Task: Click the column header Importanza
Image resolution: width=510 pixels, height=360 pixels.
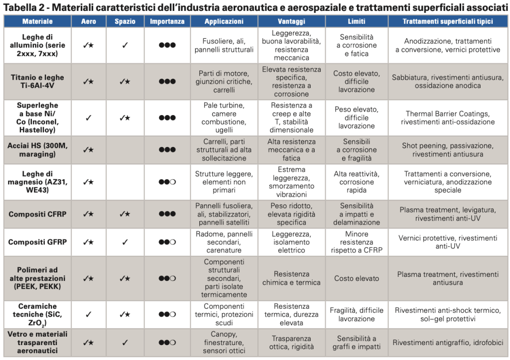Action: [x=167, y=21]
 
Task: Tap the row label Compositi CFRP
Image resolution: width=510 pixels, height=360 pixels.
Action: [x=37, y=214]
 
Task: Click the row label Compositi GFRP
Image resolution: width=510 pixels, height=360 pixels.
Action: [x=37, y=242]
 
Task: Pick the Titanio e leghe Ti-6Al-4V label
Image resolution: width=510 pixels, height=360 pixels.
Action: [x=37, y=81]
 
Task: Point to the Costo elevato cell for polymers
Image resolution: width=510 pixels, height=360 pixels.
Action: [x=357, y=278]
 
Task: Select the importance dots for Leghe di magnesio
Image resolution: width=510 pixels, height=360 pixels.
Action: [x=167, y=182]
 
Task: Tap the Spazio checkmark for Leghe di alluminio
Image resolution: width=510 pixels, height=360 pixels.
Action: [x=125, y=45]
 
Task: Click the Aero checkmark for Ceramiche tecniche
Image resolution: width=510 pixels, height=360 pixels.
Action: [x=88, y=314]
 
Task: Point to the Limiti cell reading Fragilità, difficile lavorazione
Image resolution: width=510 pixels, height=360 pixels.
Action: [x=357, y=314]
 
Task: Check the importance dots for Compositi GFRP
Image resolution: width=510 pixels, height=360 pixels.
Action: [x=167, y=242]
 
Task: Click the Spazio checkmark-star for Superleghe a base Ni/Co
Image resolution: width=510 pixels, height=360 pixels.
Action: [x=125, y=118]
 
